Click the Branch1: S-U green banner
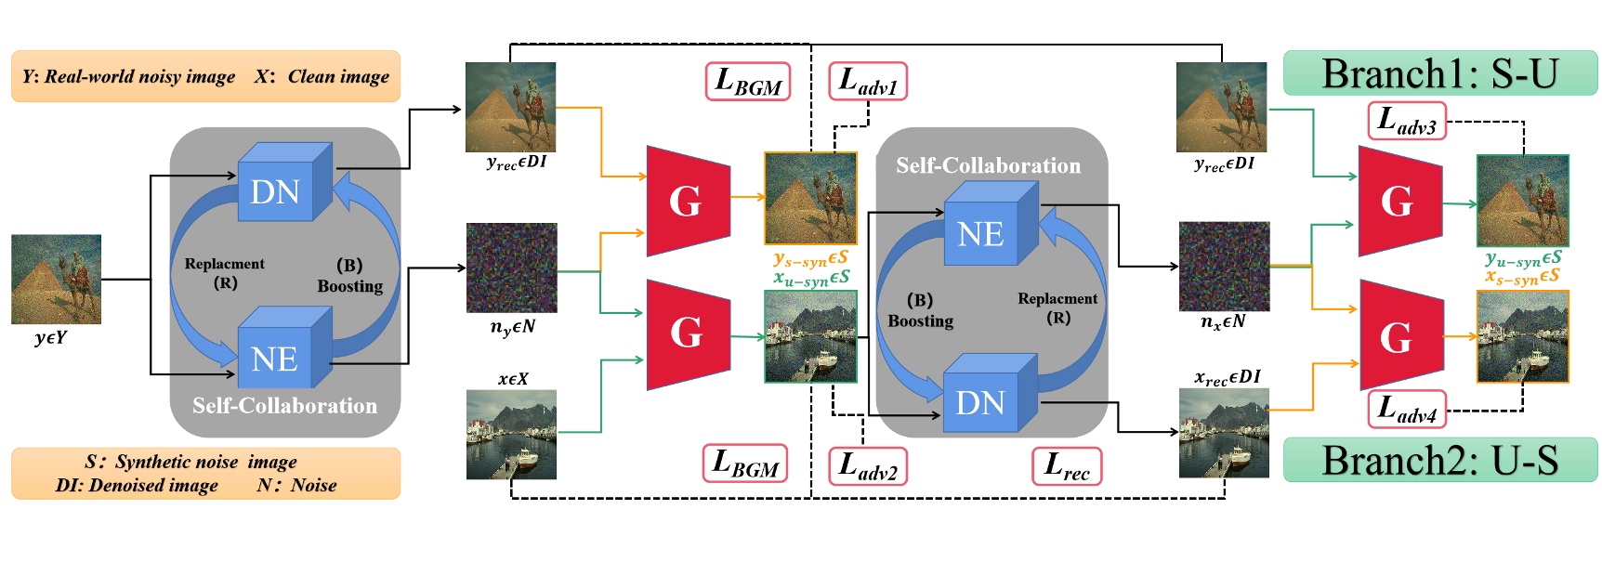click(x=1439, y=73)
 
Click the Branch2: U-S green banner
click(x=1439, y=460)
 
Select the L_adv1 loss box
click(x=867, y=81)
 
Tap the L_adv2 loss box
click(x=867, y=465)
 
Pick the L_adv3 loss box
click(x=1407, y=121)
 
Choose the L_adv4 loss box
click(x=1407, y=409)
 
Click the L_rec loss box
click(x=1067, y=465)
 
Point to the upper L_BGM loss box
click(x=748, y=82)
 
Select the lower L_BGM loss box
click(x=745, y=463)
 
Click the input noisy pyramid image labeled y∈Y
click(x=56, y=279)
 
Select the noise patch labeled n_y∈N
click(x=511, y=268)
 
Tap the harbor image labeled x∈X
click(x=511, y=434)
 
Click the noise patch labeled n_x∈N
click(x=1224, y=266)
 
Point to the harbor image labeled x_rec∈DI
click(x=1224, y=433)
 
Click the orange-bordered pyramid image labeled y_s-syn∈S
click(x=810, y=199)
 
